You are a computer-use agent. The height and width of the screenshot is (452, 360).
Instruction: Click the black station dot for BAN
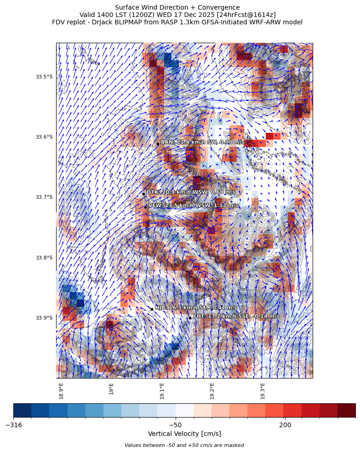click(x=158, y=144)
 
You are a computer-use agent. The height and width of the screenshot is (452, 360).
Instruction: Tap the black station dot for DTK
click(x=143, y=194)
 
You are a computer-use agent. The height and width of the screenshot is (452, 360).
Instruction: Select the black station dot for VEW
click(x=145, y=207)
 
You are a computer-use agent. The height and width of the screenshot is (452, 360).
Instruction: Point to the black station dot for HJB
click(x=152, y=309)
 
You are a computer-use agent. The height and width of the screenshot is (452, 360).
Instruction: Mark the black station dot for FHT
click(x=190, y=317)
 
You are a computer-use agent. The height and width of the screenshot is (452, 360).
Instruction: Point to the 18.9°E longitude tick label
click(x=61, y=391)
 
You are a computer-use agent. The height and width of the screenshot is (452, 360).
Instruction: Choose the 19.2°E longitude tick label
click(x=212, y=391)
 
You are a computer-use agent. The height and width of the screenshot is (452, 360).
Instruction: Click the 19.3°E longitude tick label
click(x=263, y=391)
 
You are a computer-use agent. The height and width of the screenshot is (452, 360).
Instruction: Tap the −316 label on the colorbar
click(x=14, y=425)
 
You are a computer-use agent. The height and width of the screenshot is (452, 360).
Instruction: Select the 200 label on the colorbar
click(x=285, y=425)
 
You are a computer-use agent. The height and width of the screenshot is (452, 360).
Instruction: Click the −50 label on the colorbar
click(x=175, y=425)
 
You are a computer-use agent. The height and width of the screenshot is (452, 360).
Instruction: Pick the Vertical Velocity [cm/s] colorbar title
click(x=184, y=434)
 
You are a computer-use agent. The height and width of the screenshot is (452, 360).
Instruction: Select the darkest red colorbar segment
click(x=346, y=410)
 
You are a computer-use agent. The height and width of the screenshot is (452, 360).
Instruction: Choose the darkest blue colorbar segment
click(x=23, y=410)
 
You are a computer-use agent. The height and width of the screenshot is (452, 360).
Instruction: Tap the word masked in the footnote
click(x=235, y=445)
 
